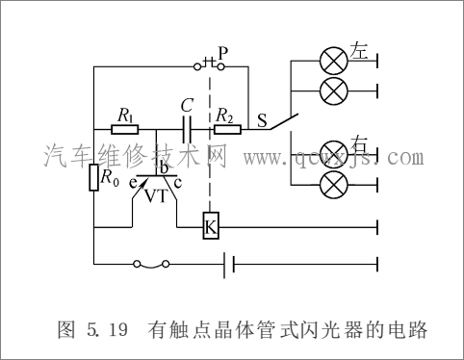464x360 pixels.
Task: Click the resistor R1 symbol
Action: tap(126, 129)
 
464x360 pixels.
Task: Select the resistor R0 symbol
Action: tap(94, 177)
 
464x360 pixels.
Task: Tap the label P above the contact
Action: tap(222, 52)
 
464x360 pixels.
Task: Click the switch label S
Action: tap(262, 121)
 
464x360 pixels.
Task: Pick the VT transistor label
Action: tap(155, 196)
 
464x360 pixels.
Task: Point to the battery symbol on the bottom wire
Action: tap(230, 262)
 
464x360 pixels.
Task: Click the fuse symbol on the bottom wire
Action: tap(152, 263)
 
